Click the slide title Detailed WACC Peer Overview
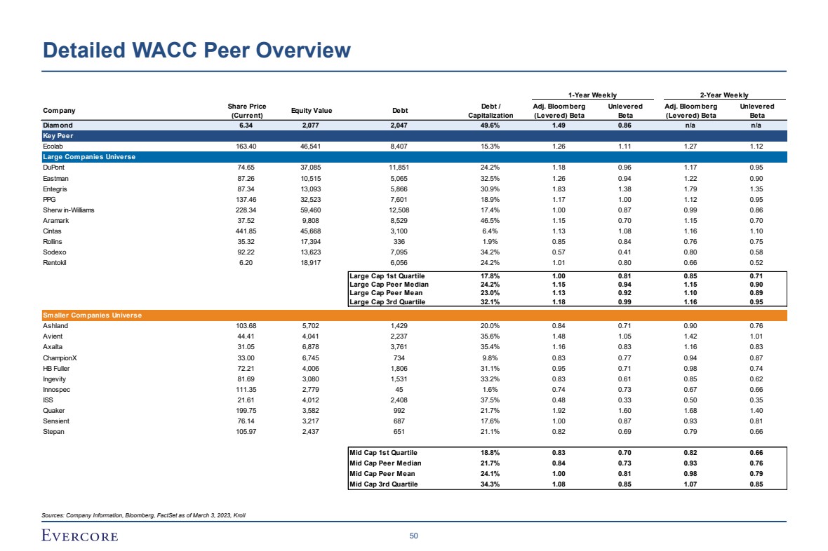(196, 50)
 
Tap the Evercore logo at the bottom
(80, 536)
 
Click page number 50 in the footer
(413, 536)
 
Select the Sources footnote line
(144, 515)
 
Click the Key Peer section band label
(58, 135)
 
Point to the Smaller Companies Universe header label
(93, 315)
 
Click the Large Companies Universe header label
(89, 157)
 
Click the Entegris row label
(56, 189)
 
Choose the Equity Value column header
(311, 111)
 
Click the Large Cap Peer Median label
(389, 285)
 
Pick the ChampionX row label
(60, 357)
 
